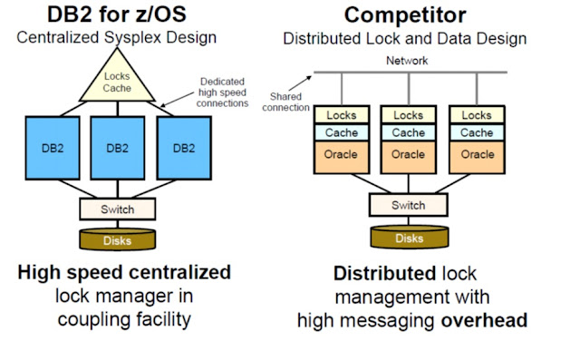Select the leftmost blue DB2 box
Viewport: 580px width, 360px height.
coord(55,147)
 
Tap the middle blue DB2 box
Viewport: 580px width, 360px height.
coord(118,147)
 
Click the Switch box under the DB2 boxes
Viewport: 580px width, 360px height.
coord(118,209)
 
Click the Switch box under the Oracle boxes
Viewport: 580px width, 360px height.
coord(408,205)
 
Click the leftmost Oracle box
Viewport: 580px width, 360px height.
coord(339,155)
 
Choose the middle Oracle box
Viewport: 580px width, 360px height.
coord(408,155)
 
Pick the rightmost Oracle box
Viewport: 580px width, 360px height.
coord(478,155)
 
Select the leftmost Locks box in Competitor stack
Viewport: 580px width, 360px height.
coord(339,116)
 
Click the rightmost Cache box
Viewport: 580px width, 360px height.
coord(478,132)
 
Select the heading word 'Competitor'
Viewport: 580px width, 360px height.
coord(406,16)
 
